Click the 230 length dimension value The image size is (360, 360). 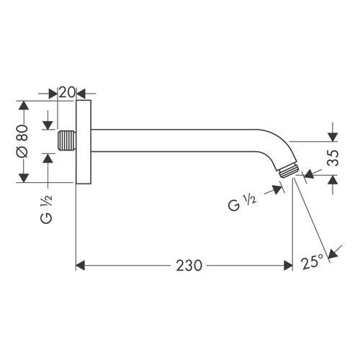point(189,266)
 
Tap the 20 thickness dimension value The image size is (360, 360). point(67,93)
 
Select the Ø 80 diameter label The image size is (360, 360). point(22,141)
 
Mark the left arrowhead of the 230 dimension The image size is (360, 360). point(81,266)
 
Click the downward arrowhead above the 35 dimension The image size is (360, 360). point(332,135)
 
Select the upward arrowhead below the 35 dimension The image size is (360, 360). point(332,181)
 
